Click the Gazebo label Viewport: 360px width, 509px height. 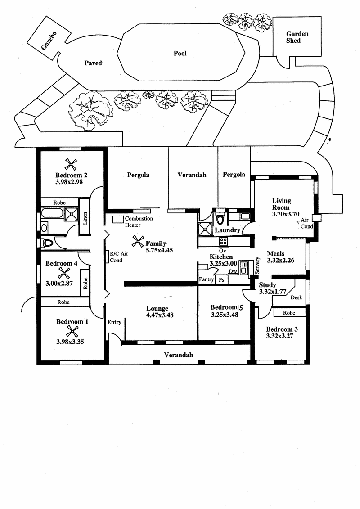(49, 41)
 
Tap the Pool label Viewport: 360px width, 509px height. (180, 53)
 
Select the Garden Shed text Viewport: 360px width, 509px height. (297, 37)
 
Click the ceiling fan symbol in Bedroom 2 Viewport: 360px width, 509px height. (71, 164)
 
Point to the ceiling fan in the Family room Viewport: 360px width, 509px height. (138, 242)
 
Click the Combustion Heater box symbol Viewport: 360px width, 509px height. (118, 219)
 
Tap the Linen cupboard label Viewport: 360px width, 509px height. (85, 218)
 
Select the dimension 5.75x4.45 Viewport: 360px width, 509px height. (159, 250)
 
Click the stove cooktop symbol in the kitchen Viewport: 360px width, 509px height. (223, 241)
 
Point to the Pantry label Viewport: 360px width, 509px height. (207, 279)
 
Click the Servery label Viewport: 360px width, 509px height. (257, 266)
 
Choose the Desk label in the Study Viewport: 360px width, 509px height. (297, 297)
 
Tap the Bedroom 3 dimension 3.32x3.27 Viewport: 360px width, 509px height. (280, 336)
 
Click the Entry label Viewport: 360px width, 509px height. (114, 322)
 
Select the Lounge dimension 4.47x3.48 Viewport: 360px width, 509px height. (160, 315)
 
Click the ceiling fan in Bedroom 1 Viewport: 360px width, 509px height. (72, 331)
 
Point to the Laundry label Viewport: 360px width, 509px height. (227, 230)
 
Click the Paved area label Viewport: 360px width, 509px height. (93, 63)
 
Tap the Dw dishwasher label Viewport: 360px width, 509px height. (233, 271)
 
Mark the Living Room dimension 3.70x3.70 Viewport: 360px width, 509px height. (286, 214)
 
